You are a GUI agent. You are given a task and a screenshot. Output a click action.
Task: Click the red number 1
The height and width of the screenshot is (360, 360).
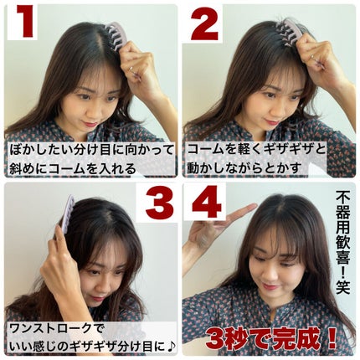pos(26,23)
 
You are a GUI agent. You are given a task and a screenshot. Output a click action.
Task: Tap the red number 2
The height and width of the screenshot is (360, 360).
pos(204,23)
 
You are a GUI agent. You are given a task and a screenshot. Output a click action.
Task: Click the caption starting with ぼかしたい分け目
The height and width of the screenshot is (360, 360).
pos(90,157)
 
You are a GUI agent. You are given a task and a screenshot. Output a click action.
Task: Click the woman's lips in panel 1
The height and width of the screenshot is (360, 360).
pos(89,123)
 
